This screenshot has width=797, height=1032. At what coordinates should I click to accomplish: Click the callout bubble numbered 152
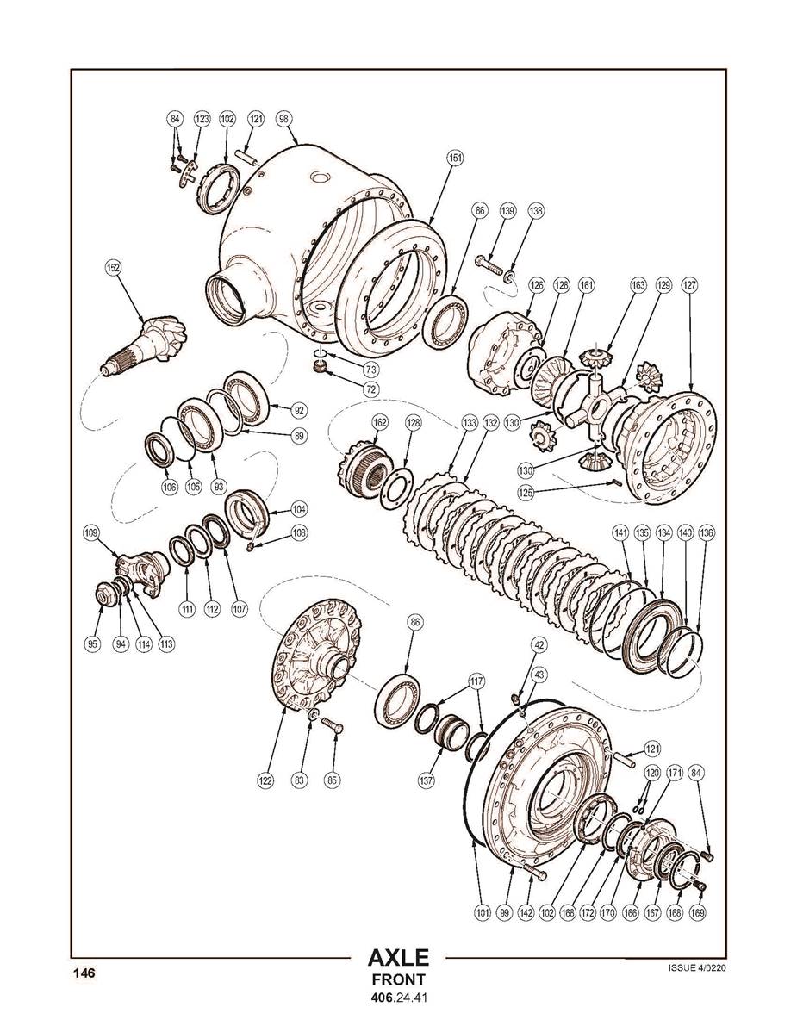pyautogui.click(x=113, y=268)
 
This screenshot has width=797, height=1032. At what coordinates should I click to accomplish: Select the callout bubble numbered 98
pyautogui.click(x=284, y=119)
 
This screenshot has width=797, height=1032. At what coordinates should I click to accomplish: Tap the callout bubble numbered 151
pyautogui.click(x=455, y=158)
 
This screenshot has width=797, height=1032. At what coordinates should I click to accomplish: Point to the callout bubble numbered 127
pyautogui.click(x=689, y=284)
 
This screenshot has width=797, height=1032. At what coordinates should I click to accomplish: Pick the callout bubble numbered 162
pyautogui.click(x=380, y=423)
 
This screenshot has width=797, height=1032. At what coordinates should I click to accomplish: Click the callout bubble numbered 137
pyautogui.click(x=426, y=780)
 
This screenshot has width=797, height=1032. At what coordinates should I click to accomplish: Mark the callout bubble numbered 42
pyautogui.click(x=539, y=644)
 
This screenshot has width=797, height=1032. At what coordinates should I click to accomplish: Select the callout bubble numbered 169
pyautogui.click(x=697, y=911)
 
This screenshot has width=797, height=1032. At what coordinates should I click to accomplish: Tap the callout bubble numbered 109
pyautogui.click(x=91, y=532)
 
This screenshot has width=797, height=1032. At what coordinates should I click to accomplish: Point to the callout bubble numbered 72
pyautogui.click(x=370, y=389)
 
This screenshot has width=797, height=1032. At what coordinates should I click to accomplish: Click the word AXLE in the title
pyautogui.click(x=398, y=958)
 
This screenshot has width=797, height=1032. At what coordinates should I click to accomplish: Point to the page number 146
pyautogui.click(x=84, y=973)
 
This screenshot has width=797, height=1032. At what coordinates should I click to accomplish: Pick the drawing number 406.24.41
pyautogui.click(x=398, y=999)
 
